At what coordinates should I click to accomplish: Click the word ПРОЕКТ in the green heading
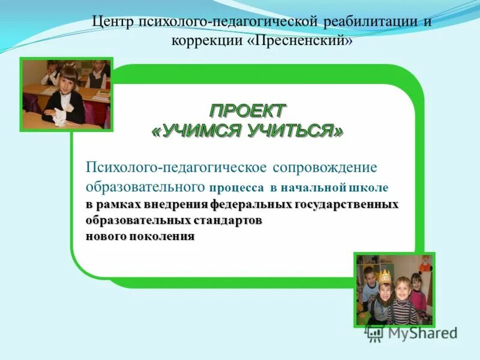248,111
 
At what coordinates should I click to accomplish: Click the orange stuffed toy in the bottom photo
425,264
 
